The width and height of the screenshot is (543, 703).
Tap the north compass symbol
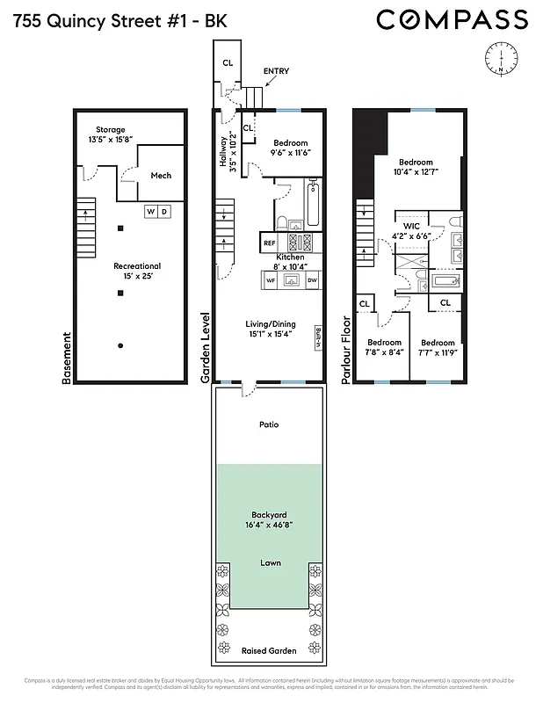498,59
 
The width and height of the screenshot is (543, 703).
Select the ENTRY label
275,72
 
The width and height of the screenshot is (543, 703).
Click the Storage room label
110,134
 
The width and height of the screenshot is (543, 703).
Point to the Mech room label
161,176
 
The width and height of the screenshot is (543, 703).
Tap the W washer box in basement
150,212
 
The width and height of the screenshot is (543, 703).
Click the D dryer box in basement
163,212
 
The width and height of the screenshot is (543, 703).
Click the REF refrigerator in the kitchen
270,243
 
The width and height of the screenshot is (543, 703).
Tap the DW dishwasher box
312,280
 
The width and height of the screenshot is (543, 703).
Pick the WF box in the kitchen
271,280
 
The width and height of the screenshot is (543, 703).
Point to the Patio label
269,424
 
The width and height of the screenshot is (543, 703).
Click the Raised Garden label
269,651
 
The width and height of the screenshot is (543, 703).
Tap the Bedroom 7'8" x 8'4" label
384,347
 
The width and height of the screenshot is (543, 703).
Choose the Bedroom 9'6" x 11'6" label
290,148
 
